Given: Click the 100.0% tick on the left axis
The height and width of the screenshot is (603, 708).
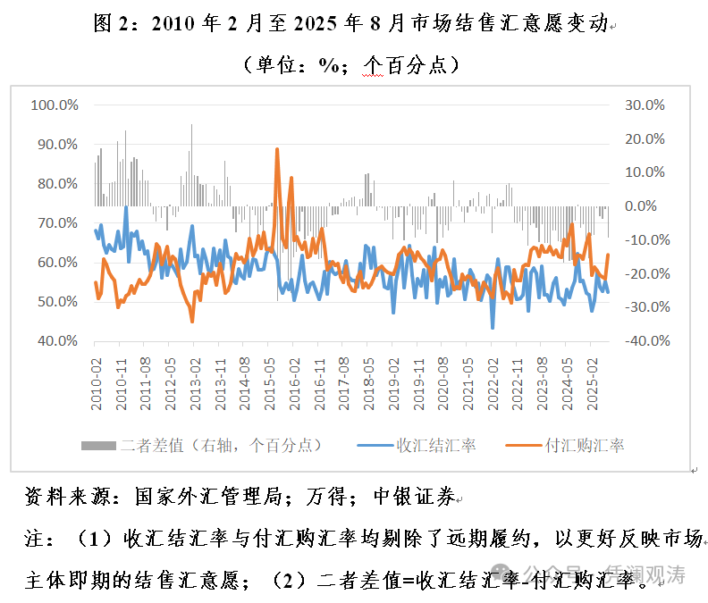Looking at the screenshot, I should click(x=55, y=105).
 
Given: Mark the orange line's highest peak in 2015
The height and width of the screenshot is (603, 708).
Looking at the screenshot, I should click(x=277, y=149).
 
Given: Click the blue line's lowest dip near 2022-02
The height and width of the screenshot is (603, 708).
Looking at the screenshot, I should click(x=493, y=328).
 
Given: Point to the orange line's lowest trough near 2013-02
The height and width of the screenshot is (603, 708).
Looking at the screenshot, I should click(x=192, y=321).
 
